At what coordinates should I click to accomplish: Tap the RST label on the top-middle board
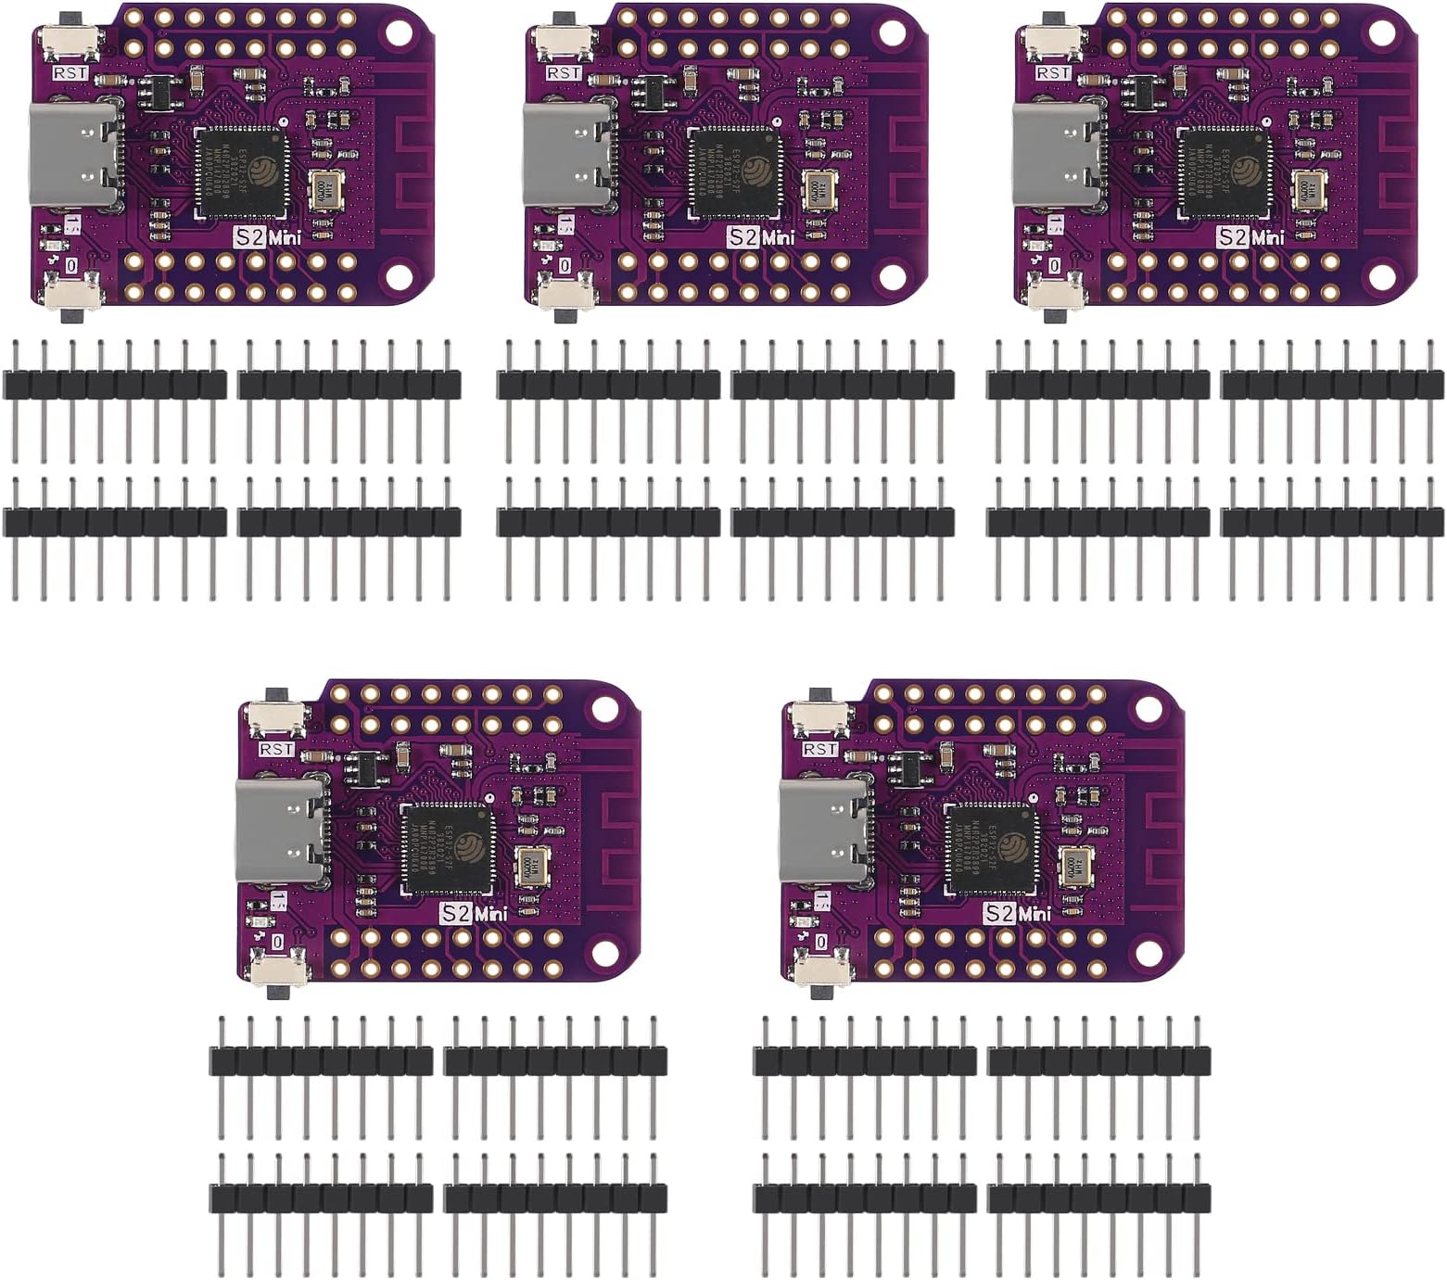(x=564, y=72)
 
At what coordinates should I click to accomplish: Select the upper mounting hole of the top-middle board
(x=892, y=30)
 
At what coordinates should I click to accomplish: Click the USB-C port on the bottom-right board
(x=824, y=831)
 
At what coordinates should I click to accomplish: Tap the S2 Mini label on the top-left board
(x=267, y=236)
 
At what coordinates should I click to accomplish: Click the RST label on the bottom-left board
(x=276, y=749)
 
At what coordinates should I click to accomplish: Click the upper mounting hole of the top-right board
(x=1381, y=30)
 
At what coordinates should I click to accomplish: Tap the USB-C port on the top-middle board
(x=568, y=155)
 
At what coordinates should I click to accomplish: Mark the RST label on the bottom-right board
(x=820, y=749)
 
